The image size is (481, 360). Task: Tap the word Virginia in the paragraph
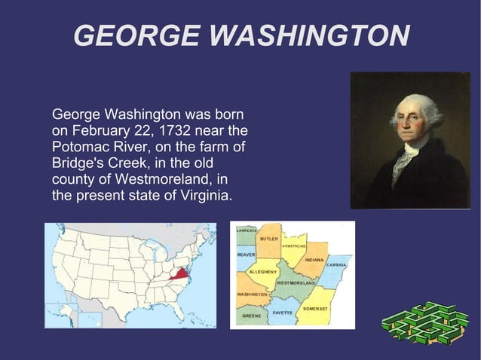pyautogui.click(x=204, y=197)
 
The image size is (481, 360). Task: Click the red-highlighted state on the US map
pyautogui.click(x=179, y=273)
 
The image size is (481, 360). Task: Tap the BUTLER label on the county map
pyautogui.click(x=268, y=239)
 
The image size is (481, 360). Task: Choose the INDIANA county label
pyautogui.click(x=314, y=260)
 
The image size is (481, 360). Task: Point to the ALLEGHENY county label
pyautogui.click(x=264, y=271)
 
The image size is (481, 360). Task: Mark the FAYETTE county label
pyautogui.click(x=283, y=311)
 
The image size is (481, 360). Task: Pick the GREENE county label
pyautogui.click(x=252, y=316)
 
